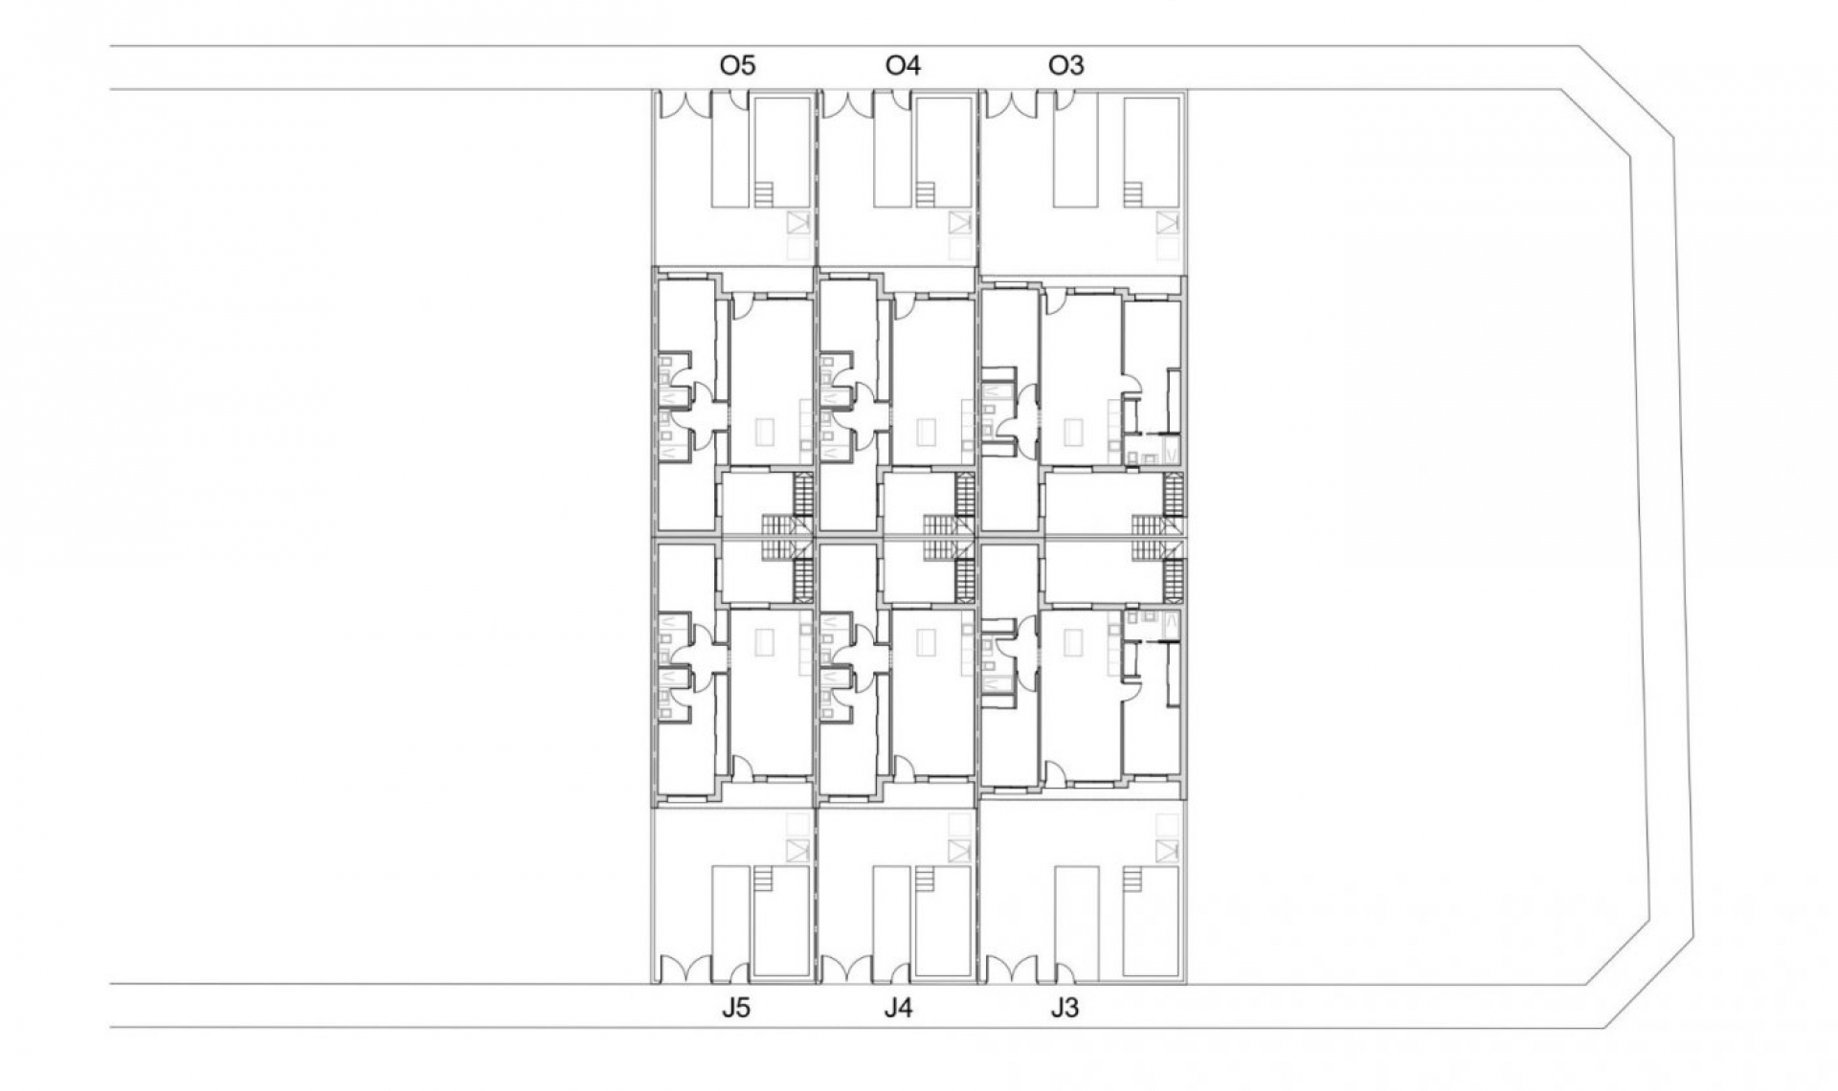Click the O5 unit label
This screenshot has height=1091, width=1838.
pos(737,66)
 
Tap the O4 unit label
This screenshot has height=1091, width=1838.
pos(902,66)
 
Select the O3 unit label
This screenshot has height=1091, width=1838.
pos(1065,66)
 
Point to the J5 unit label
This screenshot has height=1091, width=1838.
pos(736,1008)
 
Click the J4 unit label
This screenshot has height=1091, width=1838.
pos(898,1008)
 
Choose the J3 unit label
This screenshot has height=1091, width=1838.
pos(1064,1008)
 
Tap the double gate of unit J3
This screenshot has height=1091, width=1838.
pos(1012,969)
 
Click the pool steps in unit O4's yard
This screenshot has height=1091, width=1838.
pos(925,194)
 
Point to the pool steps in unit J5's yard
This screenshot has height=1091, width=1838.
pos(763,879)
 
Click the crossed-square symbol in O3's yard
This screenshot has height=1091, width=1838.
pos(1166,223)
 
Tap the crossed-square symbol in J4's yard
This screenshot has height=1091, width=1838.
pos(960,850)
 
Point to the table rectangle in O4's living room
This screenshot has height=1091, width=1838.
pos(927,433)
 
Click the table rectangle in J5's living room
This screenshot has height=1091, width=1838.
pos(763,641)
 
